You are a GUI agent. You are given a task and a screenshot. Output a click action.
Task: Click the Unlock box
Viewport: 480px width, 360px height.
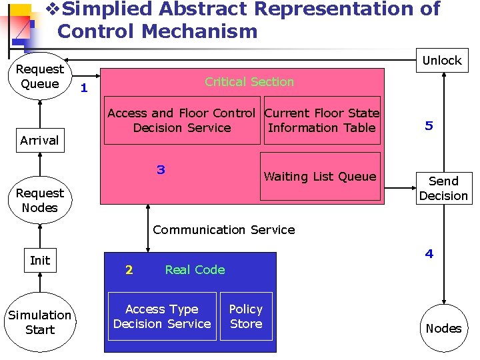coord(442,61)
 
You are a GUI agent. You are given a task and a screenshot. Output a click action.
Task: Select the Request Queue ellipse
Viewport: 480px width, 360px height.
coord(40,76)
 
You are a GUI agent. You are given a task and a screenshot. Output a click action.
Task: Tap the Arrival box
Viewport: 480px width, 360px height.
coord(39,141)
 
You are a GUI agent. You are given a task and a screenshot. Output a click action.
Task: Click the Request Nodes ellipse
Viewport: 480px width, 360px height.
coord(40,200)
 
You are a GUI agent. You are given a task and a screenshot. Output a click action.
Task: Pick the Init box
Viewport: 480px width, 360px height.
coord(40,261)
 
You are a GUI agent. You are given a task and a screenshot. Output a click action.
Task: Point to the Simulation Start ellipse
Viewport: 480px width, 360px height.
coord(40,322)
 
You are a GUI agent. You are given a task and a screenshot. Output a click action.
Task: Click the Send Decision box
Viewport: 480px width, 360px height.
coord(443,189)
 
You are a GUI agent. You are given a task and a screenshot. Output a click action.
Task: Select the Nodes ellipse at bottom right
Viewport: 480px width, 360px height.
coord(443,328)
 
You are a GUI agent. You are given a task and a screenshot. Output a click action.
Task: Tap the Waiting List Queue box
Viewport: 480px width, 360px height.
coord(320,177)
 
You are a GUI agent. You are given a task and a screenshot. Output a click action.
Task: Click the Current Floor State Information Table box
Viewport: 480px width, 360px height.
coord(321,121)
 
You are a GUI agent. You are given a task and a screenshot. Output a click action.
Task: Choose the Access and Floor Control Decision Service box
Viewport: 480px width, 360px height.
coord(181,121)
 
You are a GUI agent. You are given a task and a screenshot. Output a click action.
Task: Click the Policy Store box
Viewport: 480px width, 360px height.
coord(246,316)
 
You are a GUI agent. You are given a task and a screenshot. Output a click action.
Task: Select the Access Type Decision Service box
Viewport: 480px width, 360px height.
coord(162,316)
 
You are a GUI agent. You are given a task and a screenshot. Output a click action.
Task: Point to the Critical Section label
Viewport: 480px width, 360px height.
coord(249,82)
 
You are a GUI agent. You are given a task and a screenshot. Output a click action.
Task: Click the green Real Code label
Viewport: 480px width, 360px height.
coord(195,270)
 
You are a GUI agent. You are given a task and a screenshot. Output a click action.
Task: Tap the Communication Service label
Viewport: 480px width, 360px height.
coord(224,230)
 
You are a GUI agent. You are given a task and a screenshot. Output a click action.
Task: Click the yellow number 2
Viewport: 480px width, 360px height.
coord(129,270)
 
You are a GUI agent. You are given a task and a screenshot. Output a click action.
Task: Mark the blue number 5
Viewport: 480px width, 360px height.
coord(429,125)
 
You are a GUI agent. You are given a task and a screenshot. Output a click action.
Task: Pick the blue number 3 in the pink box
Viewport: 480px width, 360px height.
coord(161,169)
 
